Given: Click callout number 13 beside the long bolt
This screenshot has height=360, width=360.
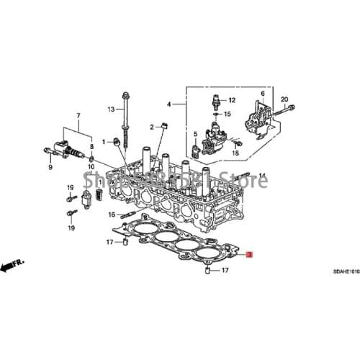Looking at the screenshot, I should point(112,109).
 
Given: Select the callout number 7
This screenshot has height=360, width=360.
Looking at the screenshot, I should point(78,115).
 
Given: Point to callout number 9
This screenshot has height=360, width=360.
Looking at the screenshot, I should point(50,167).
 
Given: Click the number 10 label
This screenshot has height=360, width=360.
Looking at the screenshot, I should point(91,167).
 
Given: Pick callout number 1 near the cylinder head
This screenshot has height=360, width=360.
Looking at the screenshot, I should point(104,141).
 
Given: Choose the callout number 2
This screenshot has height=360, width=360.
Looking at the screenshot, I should point(153,127).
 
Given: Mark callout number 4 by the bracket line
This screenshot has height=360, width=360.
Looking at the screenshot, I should point(170,104).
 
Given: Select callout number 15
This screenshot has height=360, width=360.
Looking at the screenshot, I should point(227,114).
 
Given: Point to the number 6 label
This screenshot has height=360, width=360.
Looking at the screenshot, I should point(262,94).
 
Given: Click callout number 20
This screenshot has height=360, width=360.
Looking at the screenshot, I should point(284,99).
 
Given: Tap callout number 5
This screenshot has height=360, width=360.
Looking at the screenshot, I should point(194,135).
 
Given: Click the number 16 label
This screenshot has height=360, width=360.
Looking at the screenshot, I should point(112,215).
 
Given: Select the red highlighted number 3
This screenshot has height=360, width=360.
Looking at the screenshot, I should point(249,254).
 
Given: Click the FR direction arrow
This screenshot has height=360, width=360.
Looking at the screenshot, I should point(11,267).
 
